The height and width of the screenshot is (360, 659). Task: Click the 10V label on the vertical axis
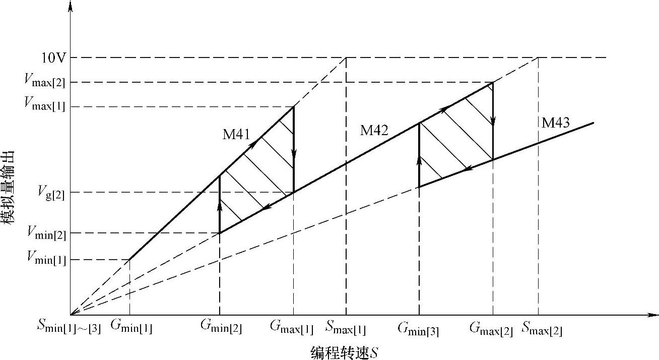tap(52, 58)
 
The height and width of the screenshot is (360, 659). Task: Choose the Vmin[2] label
tap(47, 233)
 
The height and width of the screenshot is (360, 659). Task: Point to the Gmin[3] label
tap(418, 330)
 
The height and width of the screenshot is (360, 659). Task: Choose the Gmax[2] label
tap(491, 330)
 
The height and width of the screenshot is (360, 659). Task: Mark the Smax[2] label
tap(542, 330)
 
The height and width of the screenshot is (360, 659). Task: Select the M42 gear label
tap(374, 131)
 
